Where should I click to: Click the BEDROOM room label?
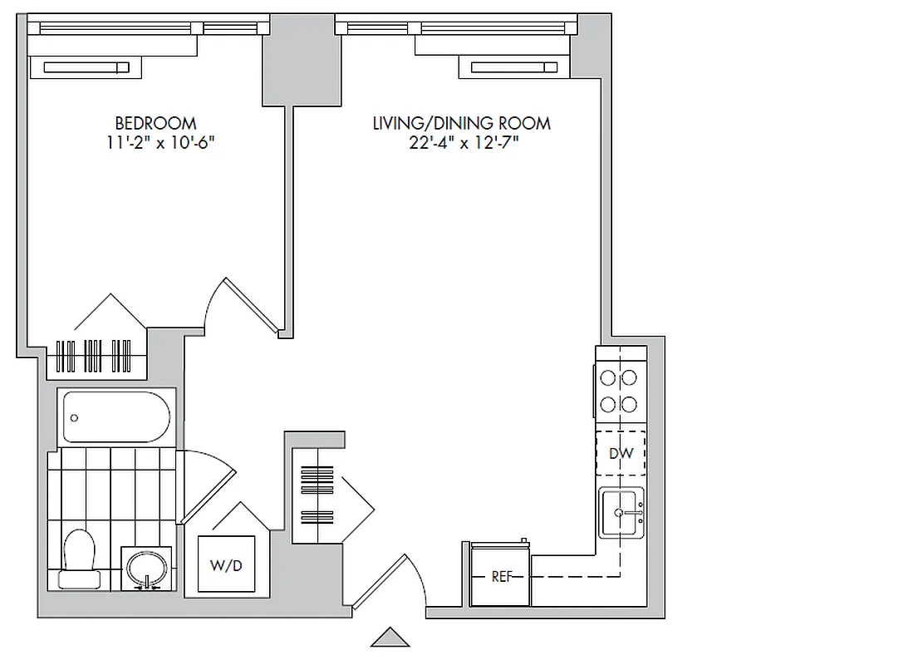[155, 124]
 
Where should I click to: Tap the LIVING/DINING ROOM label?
[461, 124]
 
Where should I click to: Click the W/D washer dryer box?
[226, 564]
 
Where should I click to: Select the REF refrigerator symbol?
[501, 576]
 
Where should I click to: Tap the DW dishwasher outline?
[621, 453]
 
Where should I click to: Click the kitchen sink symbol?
[621, 513]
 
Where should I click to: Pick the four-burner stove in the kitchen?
[619, 392]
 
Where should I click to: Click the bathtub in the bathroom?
[117, 417]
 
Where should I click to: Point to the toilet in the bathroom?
[80, 556]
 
